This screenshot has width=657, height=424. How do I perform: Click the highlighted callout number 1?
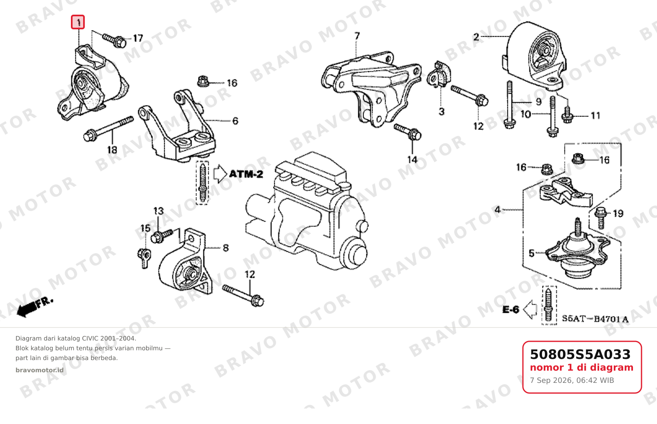click(x=78, y=22)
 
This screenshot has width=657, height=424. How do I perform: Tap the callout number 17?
click(x=138, y=38)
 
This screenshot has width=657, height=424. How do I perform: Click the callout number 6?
click(x=235, y=121)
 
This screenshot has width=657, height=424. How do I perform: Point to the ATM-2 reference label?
click(x=246, y=174)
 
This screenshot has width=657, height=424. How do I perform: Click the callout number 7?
click(x=357, y=36)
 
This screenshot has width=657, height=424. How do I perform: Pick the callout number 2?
click(x=476, y=37)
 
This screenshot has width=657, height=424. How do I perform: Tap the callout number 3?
click(x=442, y=111)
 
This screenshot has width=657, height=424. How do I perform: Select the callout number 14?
click(x=412, y=160)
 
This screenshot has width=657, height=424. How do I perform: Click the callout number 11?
click(x=595, y=116)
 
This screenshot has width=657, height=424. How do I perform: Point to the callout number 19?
click(x=618, y=213)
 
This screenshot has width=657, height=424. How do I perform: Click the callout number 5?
click(x=531, y=253)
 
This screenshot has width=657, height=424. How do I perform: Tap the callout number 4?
click(x=498, y=210)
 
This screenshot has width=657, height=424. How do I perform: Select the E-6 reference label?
click(x=511, y=310)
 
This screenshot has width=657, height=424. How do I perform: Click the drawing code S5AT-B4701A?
click(x=595, y=319)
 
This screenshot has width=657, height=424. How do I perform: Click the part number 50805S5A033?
click(x=580, y=354)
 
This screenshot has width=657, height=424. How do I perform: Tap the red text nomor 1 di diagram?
click(x=582, y=368)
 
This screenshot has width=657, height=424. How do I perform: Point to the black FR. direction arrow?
click(x=35, y=307)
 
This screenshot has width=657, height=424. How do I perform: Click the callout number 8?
click(x=225, y=248)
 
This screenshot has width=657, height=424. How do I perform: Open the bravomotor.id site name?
click(x=40, y=370)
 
